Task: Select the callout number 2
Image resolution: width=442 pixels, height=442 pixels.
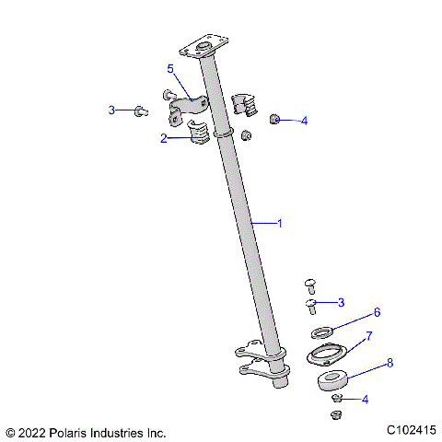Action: [163, 139]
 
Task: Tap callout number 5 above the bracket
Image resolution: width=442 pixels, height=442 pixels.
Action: [170, 69]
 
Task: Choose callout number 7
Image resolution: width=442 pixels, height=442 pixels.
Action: [369, 336]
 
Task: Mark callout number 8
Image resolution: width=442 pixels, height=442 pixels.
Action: [390, 363]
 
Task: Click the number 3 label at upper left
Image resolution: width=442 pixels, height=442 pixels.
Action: [112, 110]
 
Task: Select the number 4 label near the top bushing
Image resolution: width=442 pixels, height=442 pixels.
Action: [304, 121]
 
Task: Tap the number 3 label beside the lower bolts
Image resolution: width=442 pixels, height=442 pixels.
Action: [342, 302]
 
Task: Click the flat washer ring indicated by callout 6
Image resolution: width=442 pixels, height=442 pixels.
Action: [321, 332]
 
